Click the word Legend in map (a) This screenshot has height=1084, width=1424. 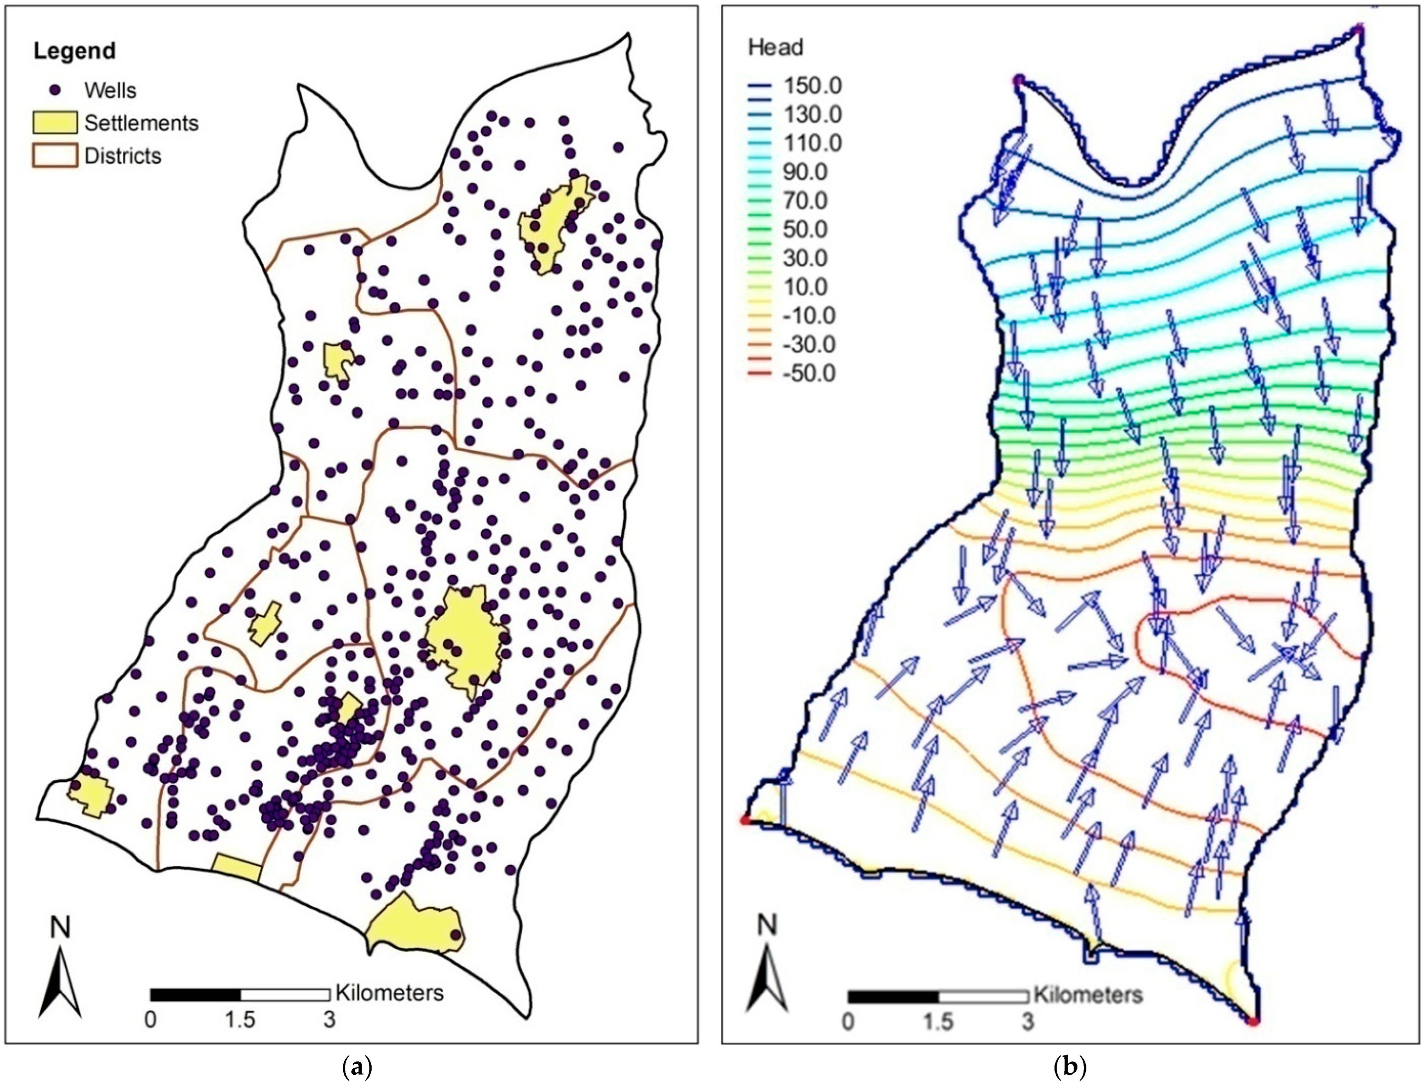74,51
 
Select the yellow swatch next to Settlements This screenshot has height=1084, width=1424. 55,123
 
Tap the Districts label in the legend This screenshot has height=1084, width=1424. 122,156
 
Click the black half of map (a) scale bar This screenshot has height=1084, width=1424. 195,994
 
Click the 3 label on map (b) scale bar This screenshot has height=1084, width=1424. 1028,1022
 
